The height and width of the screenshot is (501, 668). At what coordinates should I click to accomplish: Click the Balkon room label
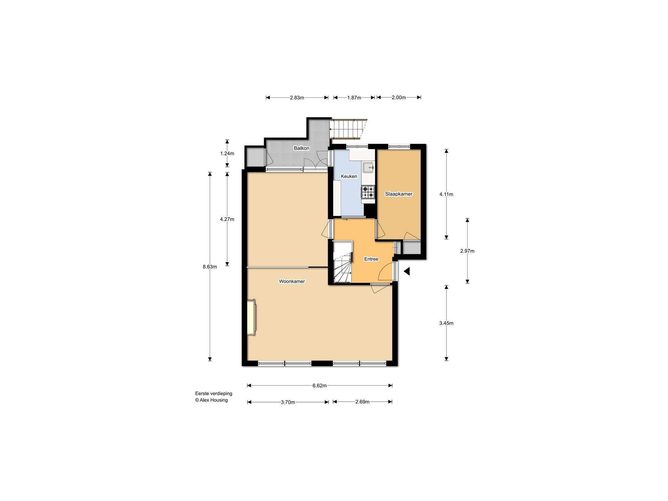(301, 148)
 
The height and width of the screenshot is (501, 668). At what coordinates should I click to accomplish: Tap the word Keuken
(349, 176)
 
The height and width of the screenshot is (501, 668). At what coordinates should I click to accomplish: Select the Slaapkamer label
(398, 194)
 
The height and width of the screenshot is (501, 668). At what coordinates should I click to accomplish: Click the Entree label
(371, 259)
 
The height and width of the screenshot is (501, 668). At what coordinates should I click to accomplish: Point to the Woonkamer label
(292, 281)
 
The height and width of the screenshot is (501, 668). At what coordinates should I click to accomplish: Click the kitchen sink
(368, 168)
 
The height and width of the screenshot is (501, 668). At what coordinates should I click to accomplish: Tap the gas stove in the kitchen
(368, 192)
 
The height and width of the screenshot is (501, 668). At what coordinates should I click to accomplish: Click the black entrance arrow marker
(407, 272)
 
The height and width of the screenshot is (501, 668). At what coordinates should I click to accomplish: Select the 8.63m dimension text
(210, 267)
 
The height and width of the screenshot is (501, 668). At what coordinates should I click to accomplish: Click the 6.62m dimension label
(319, 386)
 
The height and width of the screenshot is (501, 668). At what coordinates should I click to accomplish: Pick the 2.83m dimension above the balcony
(297, 98)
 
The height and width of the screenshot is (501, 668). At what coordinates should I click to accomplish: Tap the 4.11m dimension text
(446, 194)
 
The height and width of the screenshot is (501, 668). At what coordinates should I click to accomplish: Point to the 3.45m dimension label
(446, 323)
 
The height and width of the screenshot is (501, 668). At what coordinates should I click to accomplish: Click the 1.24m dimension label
(227, 153)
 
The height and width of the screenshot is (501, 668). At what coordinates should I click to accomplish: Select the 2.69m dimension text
(362, 402)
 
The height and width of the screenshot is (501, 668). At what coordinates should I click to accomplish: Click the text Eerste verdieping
(213, 394)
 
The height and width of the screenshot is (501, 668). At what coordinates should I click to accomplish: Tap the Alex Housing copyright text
(211, 400)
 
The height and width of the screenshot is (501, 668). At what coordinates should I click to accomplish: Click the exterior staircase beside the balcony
(346, 129)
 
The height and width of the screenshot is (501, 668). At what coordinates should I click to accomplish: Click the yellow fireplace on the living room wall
(251, 317)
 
